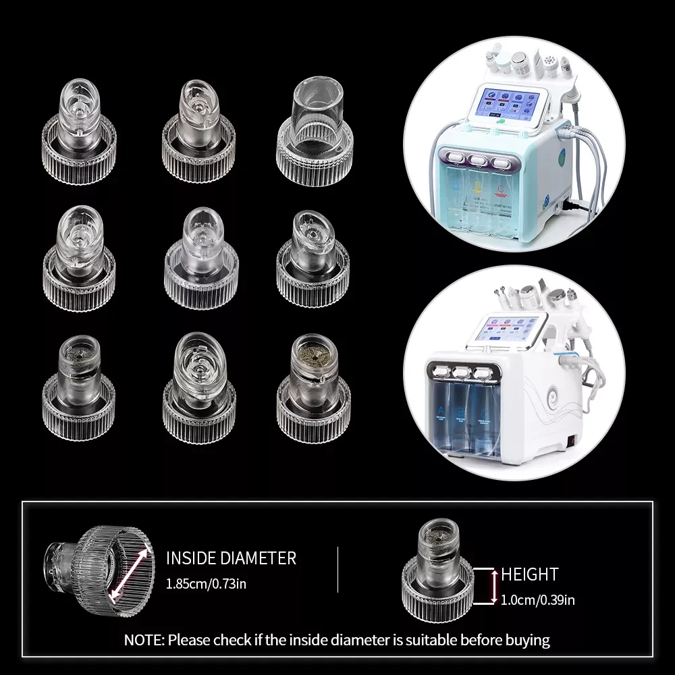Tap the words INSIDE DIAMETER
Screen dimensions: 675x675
point(231,558)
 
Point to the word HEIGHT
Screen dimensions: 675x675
point(530,574)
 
